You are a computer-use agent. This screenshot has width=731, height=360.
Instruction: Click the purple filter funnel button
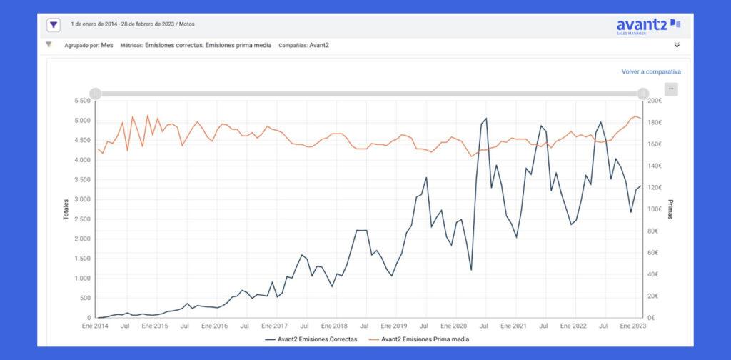tap(54, 25)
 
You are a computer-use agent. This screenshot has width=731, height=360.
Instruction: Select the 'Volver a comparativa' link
tap(650, 71)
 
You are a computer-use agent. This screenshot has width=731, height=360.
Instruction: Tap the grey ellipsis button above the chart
tap(671, 89)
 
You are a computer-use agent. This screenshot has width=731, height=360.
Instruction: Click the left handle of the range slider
tap(96, 94)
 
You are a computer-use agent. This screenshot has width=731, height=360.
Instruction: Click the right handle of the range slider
tap(642, 94)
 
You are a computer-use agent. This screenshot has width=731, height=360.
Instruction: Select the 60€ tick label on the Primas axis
tap(654, 252)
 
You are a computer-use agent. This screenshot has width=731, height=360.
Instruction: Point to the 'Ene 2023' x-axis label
tap(634, 326)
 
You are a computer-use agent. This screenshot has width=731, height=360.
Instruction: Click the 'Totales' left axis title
tap(66, 209)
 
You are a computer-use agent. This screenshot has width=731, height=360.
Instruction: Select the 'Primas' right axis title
tap(670, 209)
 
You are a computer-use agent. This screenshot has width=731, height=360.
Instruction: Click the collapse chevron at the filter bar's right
tap(677, 45)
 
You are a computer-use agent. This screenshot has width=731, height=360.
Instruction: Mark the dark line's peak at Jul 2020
tap(485, 119)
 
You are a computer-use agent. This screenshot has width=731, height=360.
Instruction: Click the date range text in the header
tap(133, 24)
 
